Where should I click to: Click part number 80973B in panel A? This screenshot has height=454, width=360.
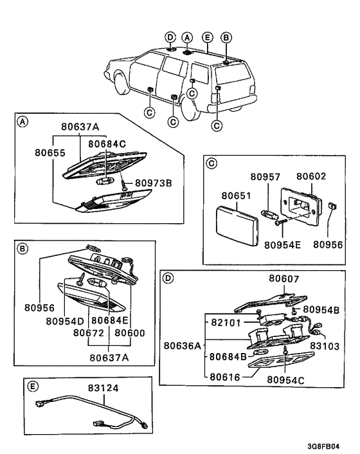coord(154,183)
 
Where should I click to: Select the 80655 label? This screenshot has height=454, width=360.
coord(50,152)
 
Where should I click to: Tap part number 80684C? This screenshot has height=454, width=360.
coord(107,144)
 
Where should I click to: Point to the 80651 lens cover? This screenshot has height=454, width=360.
coord(237,225)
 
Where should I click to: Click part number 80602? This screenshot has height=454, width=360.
coord(311,176)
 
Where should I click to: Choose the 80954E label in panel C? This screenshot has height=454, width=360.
coord(282,245)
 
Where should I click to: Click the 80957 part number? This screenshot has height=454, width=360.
coord(265,177)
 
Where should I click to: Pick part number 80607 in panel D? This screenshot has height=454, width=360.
coord(284,278)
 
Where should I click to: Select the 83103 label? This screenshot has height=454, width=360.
coord(325,346)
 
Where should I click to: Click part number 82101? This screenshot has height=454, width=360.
coord(226,323)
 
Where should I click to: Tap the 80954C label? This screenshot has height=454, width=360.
coord(285,380)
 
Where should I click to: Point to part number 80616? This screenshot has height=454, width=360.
coord(225,377)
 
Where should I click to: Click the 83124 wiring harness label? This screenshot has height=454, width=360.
coord(104,388)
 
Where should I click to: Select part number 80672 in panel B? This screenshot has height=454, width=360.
coord(88,333)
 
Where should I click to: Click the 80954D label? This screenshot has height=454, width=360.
coord(65,321)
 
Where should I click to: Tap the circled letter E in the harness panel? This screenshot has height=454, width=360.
coord(32,386)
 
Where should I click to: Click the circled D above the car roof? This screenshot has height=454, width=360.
coord(170,37)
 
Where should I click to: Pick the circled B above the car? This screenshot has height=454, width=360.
coord(226,37)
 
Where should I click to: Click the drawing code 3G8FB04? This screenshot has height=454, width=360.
coord(323,446)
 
